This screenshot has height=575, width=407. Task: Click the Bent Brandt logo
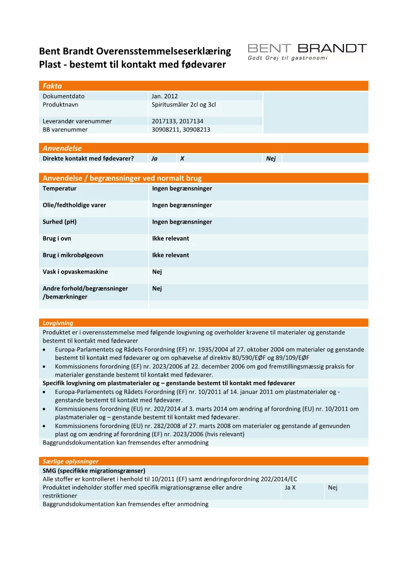tap(307, 49)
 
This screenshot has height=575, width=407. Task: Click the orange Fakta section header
tap(52, 86)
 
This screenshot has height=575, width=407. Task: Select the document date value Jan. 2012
tap(165, 96)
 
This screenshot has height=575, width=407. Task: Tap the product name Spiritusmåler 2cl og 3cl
tap(184, 104)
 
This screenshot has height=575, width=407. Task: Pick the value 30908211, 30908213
tap(180, 130)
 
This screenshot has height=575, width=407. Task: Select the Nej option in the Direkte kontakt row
tap(271, 159)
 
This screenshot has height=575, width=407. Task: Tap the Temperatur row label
tap(59, 188)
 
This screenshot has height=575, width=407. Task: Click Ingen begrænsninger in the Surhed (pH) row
tap(182, 222)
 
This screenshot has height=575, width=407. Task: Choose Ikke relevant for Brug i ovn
tap(170, 239)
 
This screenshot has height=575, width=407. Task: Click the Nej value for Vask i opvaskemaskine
tap(157, 272)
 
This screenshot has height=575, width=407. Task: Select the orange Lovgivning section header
tap(58, 323)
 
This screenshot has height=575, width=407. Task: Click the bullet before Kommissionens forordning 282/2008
tap(45, 426)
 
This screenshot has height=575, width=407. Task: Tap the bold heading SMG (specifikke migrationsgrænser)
tap(94, 471)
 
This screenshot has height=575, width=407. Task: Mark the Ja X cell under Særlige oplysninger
tap(290, 487)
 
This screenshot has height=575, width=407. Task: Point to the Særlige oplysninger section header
tap(70, 461)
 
